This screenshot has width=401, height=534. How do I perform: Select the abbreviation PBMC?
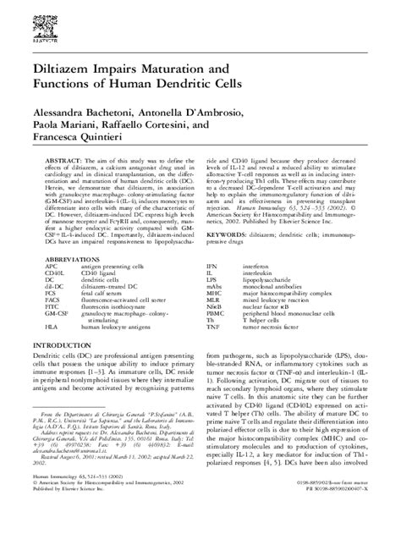217,337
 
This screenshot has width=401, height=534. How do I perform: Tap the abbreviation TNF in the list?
216,352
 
